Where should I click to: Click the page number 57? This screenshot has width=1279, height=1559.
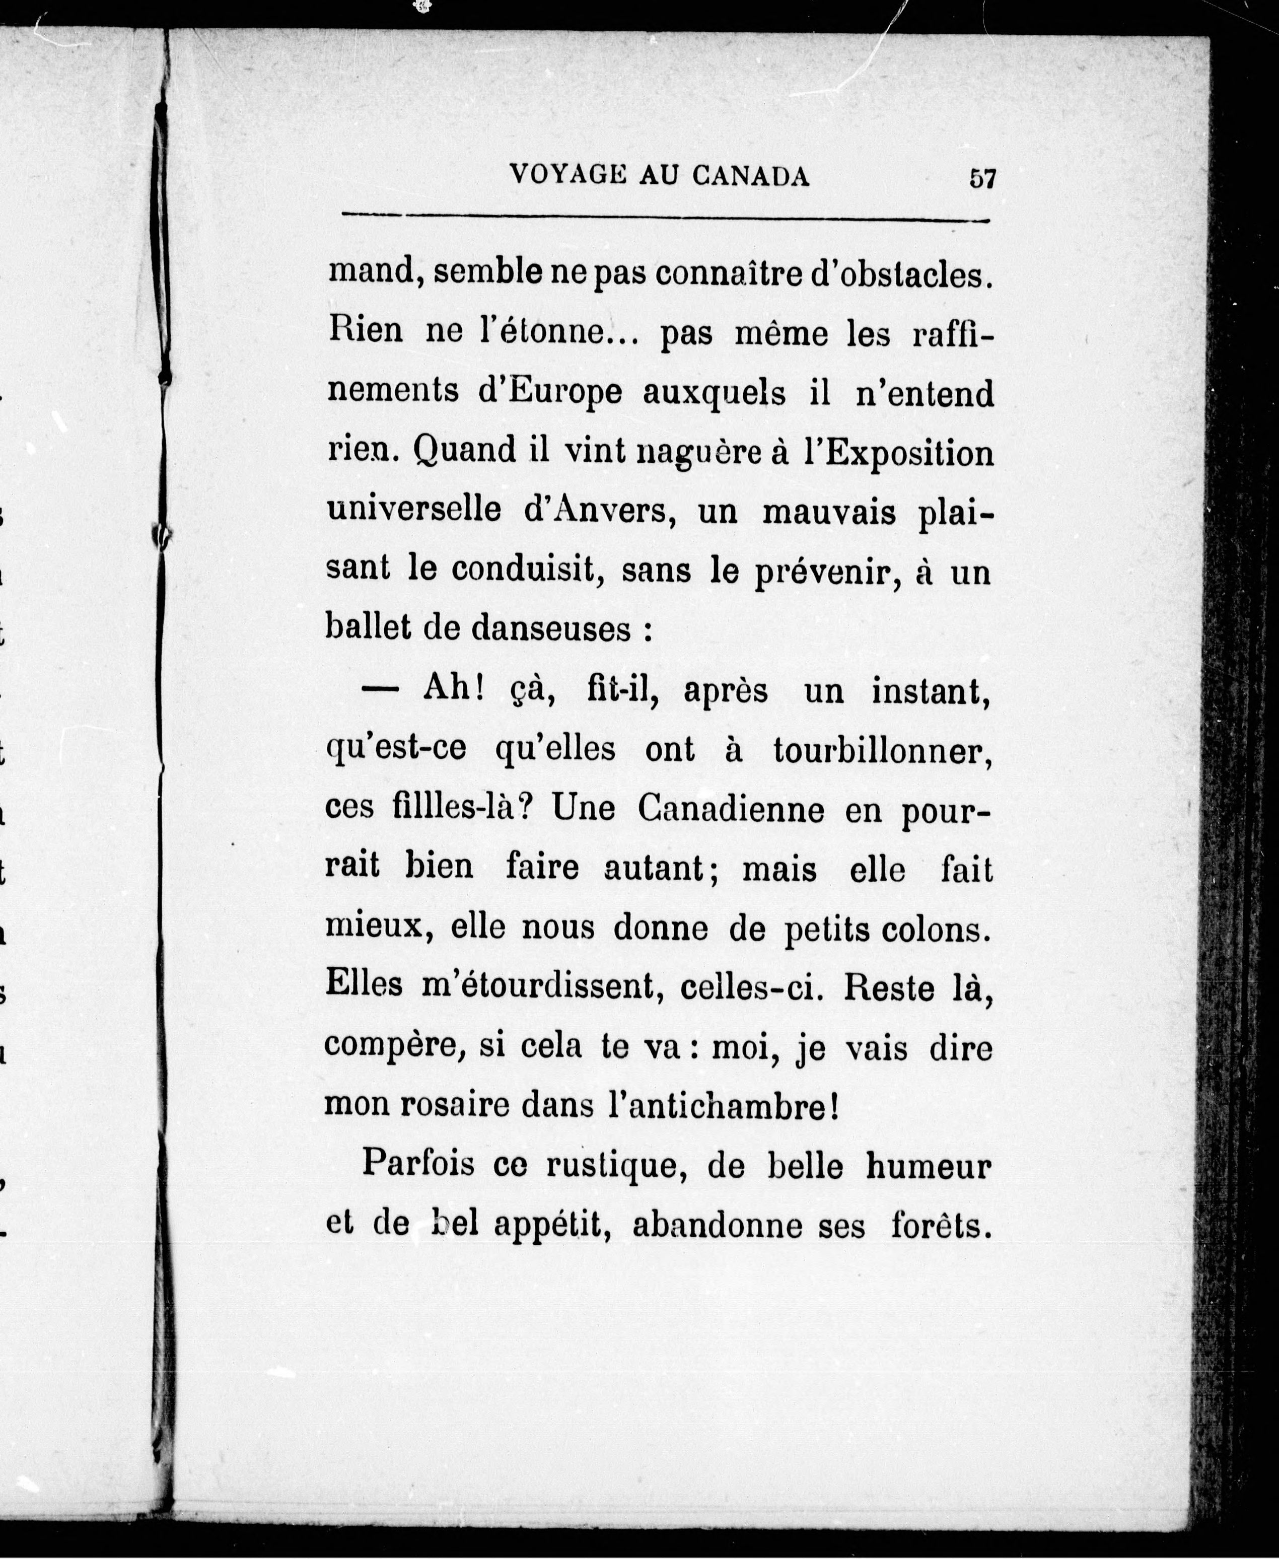click(x=983, y=179)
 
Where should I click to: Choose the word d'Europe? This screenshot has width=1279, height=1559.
click(x=549, y=394)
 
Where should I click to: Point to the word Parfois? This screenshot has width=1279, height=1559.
click(x=418, y=1165)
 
